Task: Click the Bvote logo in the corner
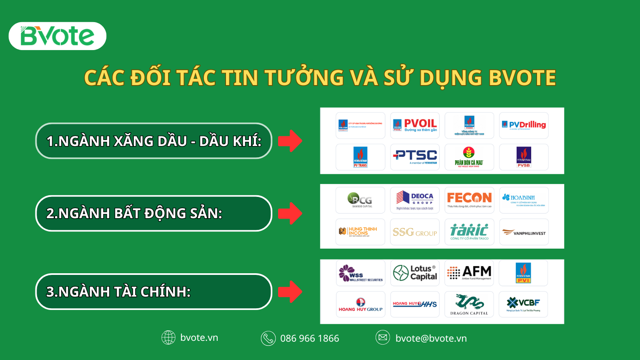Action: [x=58, y=36]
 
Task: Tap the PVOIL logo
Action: [x=415, y=125]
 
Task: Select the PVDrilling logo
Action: [x=524, y=125]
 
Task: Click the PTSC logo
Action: [x=415, y=157]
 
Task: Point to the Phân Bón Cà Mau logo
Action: [x=469, y=157]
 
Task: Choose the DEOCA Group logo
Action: [x=415, y=200]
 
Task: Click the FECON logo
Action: [x=469, y=200]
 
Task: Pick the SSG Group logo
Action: [x=415, y=232]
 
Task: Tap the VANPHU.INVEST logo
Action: [x=524, y=232]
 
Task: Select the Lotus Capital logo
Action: [x=415, y=273]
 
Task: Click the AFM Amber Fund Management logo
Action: [x=469, y=273]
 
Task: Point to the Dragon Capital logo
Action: [x=469, y=305]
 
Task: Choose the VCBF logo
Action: [x=523, y=304]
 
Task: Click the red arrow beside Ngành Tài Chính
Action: [x=290, y=292]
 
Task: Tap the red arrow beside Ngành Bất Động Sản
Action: [x=290, y=213]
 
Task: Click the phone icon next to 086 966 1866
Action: [x=268, y=338]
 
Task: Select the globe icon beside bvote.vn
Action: [x=168, y=337]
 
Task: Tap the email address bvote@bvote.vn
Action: [x=431, y=338]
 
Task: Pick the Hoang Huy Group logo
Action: [x=361, y=305]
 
